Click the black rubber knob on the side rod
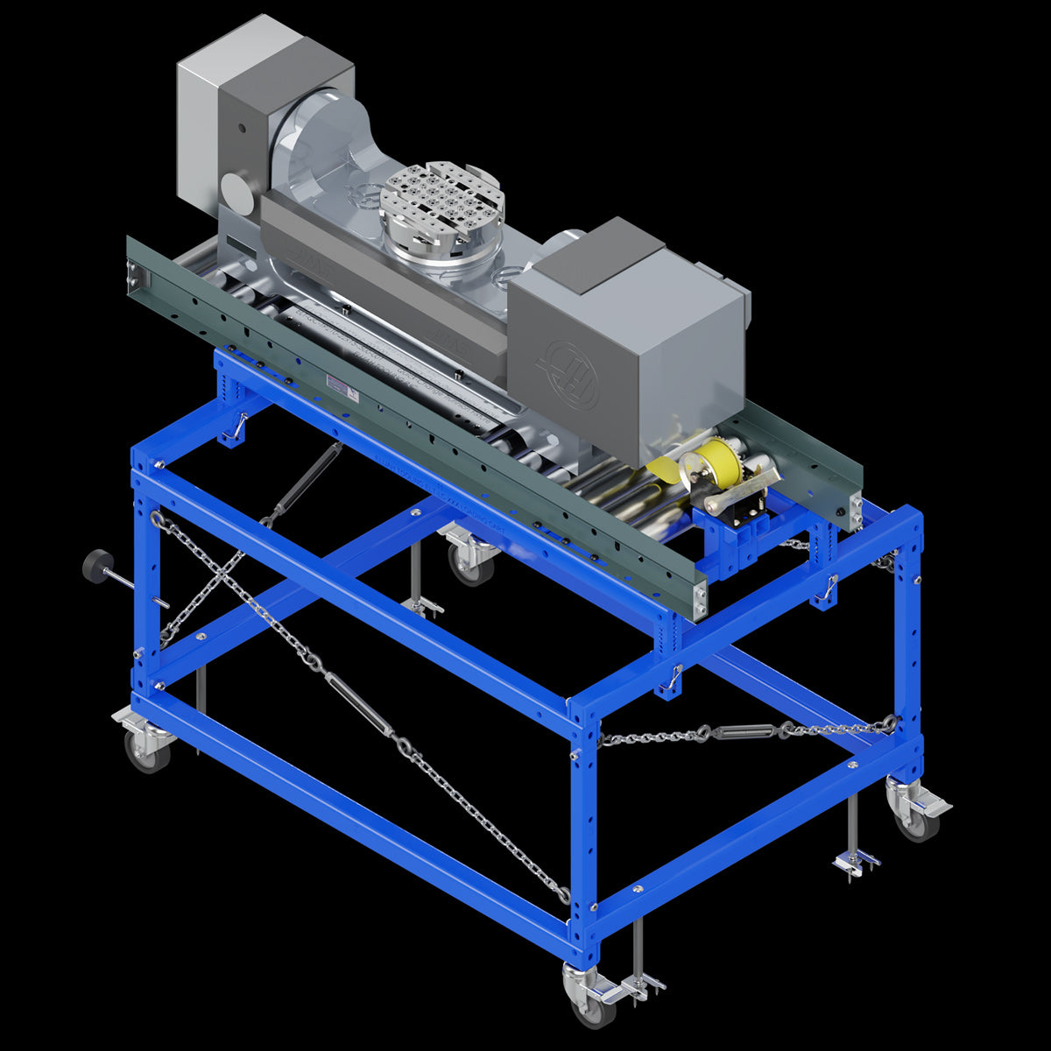[x=95, y=565]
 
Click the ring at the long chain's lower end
[x=564, y=895]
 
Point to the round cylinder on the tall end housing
[x=235, y=187]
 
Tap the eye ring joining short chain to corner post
[x=890, y=723]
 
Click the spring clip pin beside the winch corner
[x=825, y=589]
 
